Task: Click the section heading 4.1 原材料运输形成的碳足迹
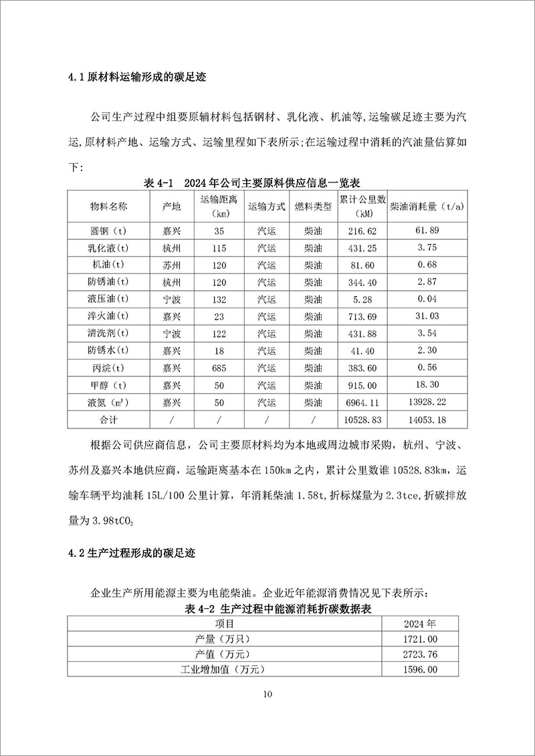[137, 77]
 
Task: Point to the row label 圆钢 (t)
[109, 231]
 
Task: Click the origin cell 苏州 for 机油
[172, 265]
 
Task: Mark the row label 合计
[109, 420]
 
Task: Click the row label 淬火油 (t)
[109, 317]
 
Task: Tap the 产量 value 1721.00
[419, 638]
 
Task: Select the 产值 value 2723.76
[419, 654]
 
